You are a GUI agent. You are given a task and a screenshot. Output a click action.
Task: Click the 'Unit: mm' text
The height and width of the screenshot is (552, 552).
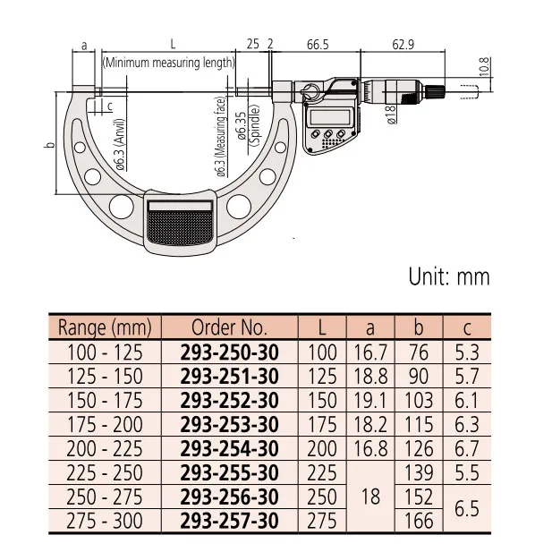click(449, 276)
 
